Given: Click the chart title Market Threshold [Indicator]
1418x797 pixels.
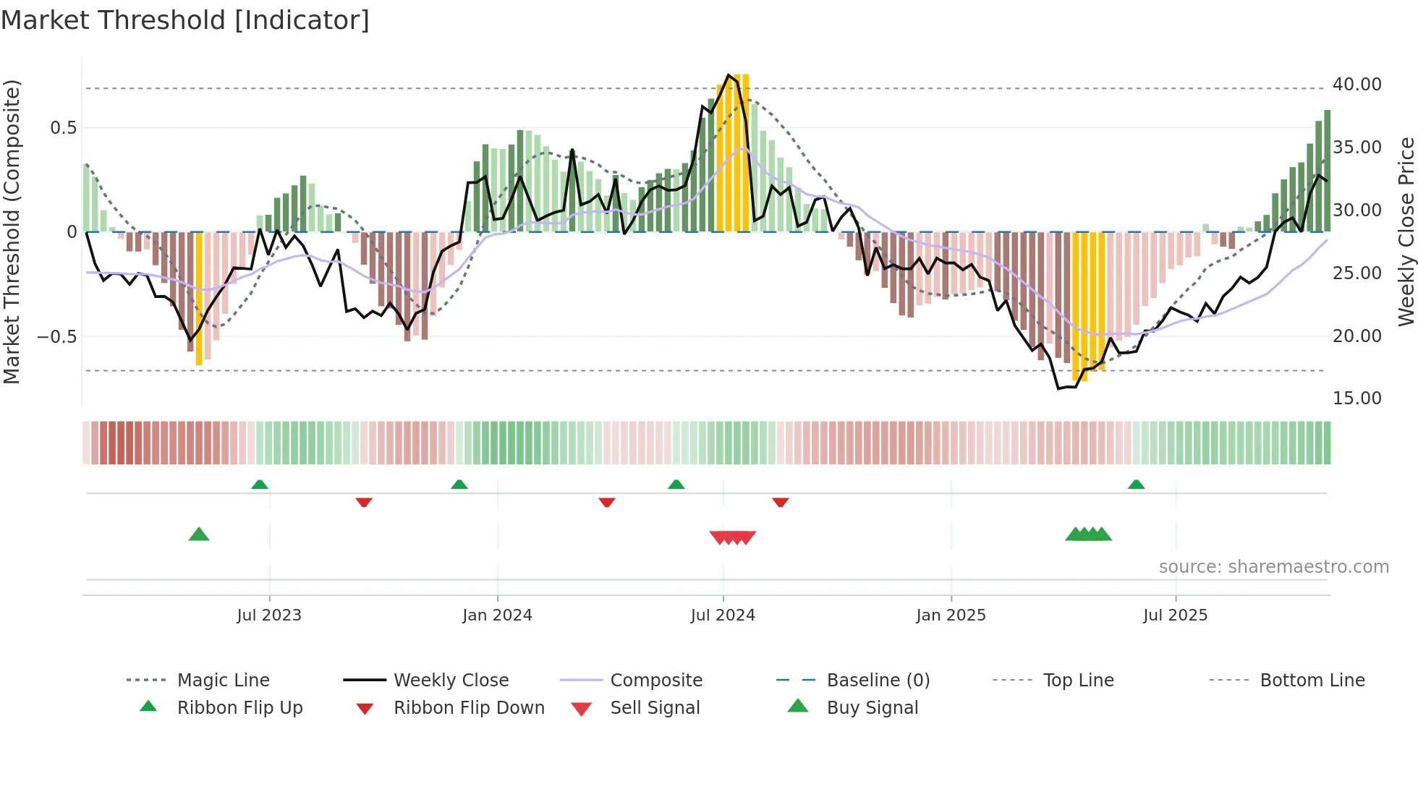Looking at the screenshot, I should coord(185,20).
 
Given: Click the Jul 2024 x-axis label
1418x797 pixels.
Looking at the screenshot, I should coord(723,615).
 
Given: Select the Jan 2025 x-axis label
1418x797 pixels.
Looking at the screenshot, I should coord(951,615).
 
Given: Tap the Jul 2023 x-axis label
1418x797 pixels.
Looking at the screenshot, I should coord(269,615).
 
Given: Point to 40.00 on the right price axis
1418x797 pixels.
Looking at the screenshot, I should coord(1357,85).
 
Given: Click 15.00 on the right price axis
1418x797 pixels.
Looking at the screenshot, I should coord(1357,399).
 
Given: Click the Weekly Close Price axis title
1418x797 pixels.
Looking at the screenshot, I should coord(1406,231).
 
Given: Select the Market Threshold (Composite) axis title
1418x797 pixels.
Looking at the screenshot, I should coord(12,231).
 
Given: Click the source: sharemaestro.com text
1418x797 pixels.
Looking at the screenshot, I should coord(1273,567).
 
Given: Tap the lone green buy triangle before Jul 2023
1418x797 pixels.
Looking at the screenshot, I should coord(199,534).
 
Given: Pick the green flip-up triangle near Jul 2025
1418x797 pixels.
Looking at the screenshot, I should coord(1136,485).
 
